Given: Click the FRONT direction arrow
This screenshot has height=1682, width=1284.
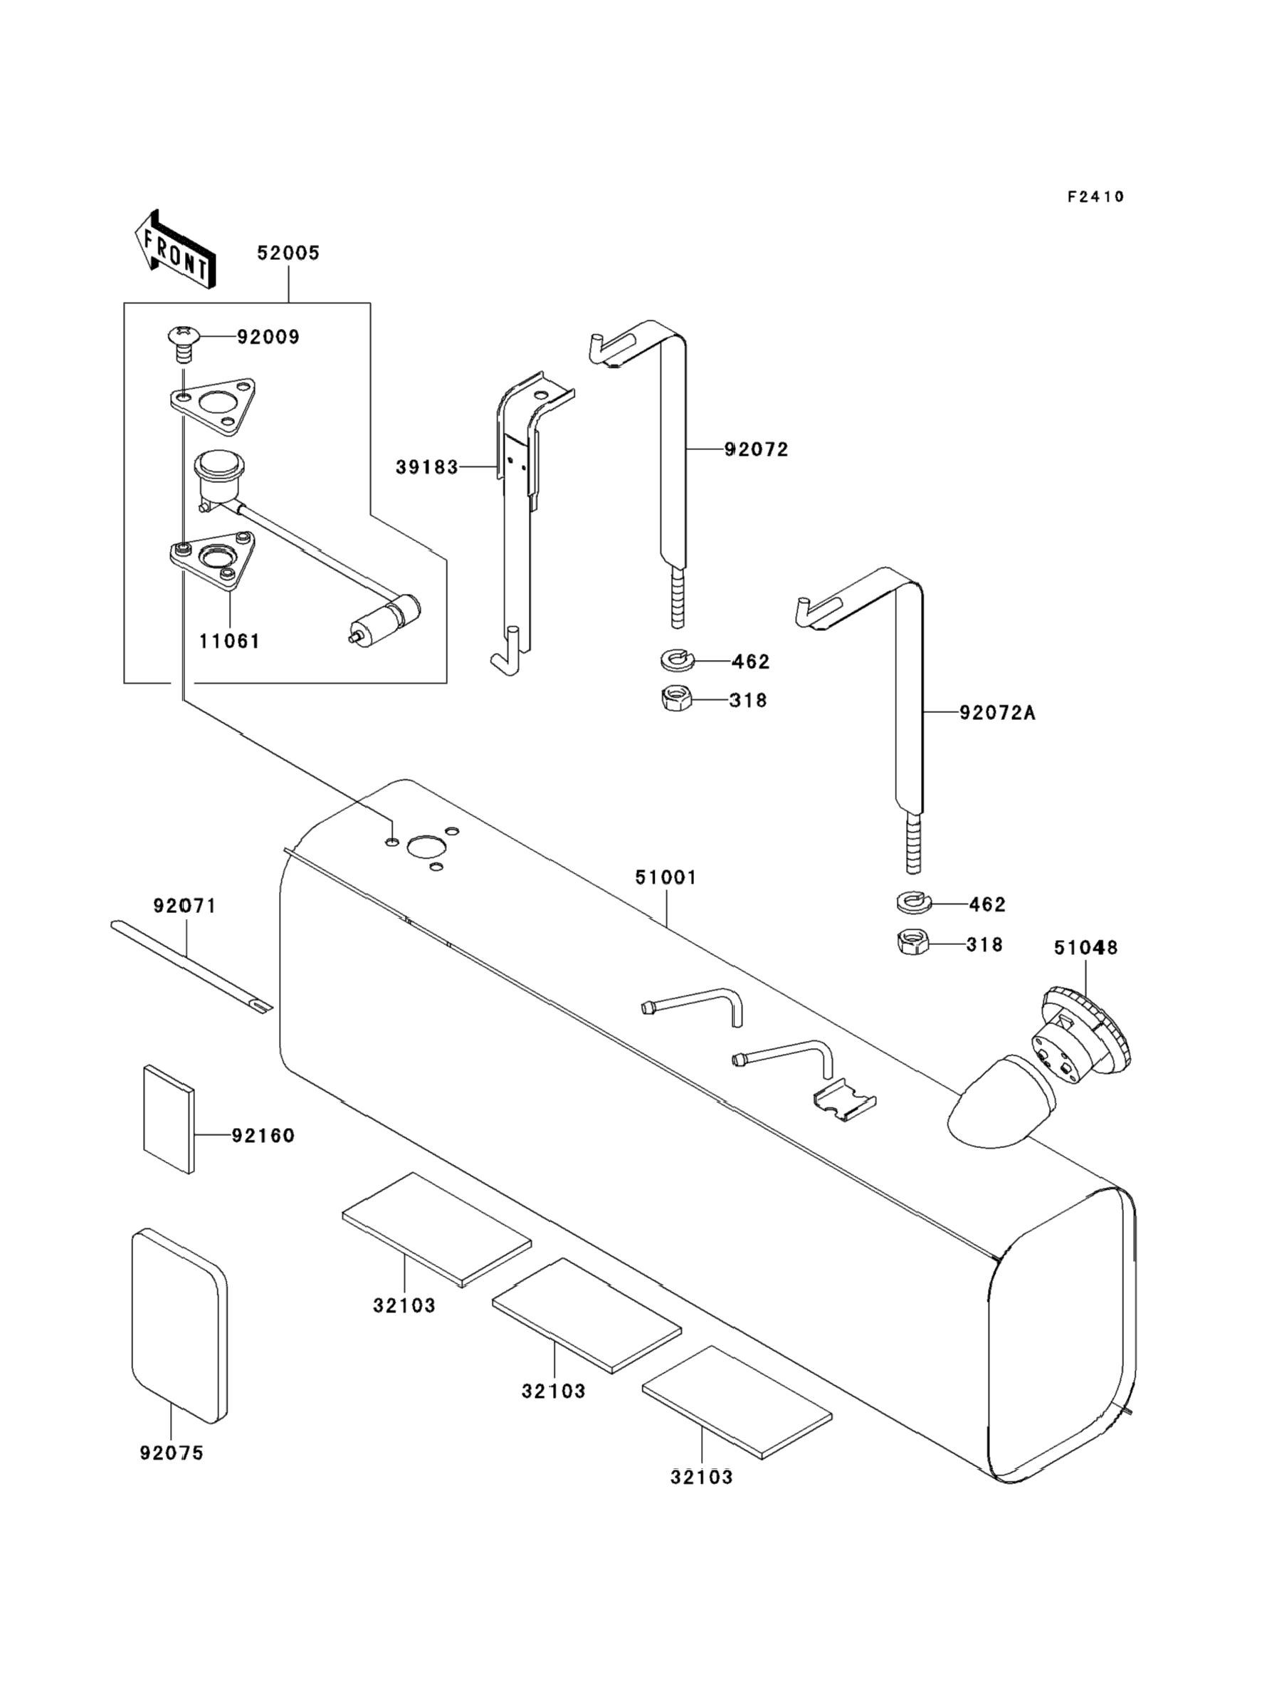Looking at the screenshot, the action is click(174, 249).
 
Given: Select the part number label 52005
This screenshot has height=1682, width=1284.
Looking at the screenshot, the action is click(288, 253).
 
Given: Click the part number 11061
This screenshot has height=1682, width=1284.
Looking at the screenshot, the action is click(230, 641).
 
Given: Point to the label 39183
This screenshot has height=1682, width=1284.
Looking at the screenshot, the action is click(426, 466).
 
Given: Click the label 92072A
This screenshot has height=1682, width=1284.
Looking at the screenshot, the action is click(997, 713).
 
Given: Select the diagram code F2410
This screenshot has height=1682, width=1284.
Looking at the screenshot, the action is click(1096, 197).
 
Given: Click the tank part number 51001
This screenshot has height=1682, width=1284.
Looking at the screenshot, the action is click(665, 878).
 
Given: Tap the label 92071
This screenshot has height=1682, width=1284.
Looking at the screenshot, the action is click(185, 906).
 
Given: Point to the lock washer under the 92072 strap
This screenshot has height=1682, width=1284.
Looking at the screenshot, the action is click(675, 659).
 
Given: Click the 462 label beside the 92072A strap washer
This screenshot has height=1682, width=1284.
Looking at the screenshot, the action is click(986, 904).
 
